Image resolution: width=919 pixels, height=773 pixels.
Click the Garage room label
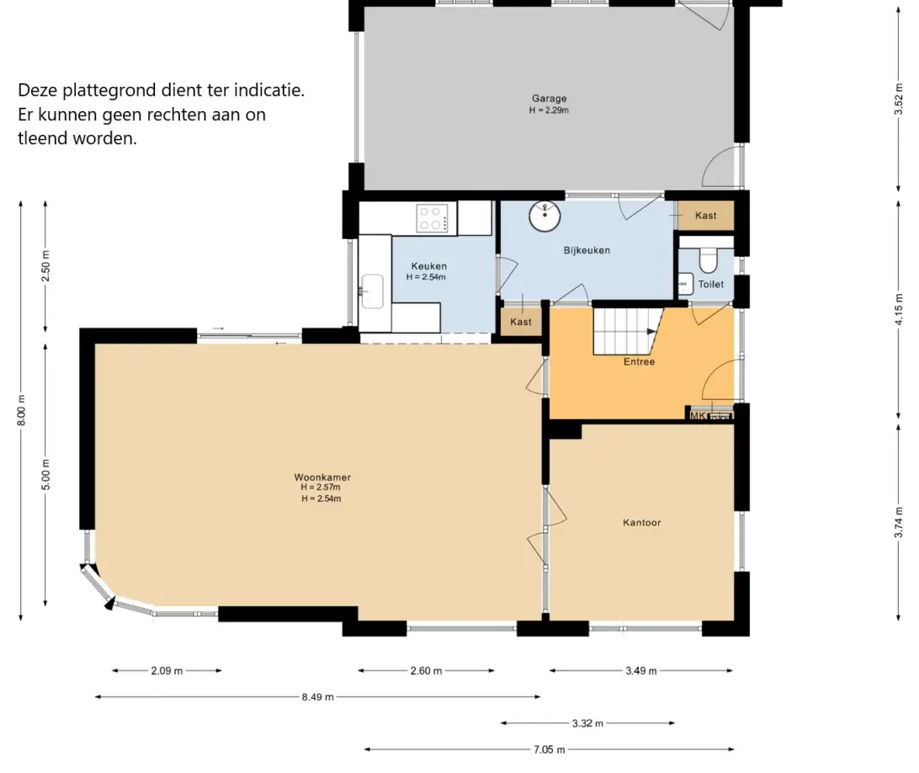(x=550, y=99)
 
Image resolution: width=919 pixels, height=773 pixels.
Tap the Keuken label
(x=429, y=266)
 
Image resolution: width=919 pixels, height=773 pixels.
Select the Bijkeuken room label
(x=587, y=250)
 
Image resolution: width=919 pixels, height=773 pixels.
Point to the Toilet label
(x=711, y=285)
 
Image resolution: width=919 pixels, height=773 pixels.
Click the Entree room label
(x=639, y=362)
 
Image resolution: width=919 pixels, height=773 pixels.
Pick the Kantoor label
(x=642, y=523)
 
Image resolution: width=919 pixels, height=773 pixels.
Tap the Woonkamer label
(x=322, y=477)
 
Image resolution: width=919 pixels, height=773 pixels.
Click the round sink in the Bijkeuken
(x=545, y=216)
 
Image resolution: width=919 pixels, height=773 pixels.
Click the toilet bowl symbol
(x=708, y=260)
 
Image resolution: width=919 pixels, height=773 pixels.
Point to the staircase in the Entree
(x=628, y=332)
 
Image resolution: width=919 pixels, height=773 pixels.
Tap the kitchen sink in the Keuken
(x=372, y=291)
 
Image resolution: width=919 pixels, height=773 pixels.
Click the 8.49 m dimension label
(x=317, y=697)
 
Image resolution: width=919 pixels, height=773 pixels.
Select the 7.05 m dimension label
(x=550, y=749)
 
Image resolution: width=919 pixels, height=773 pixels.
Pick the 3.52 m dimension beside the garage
(x=899, y=99)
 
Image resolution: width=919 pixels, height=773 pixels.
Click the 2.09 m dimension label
(x=167, y=671)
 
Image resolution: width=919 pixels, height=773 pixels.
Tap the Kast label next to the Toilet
(x=705, y=216)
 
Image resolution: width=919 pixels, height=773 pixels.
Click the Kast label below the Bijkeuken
(x=520, y=322)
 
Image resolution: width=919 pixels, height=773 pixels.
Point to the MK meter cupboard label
(x=698, y=416)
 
